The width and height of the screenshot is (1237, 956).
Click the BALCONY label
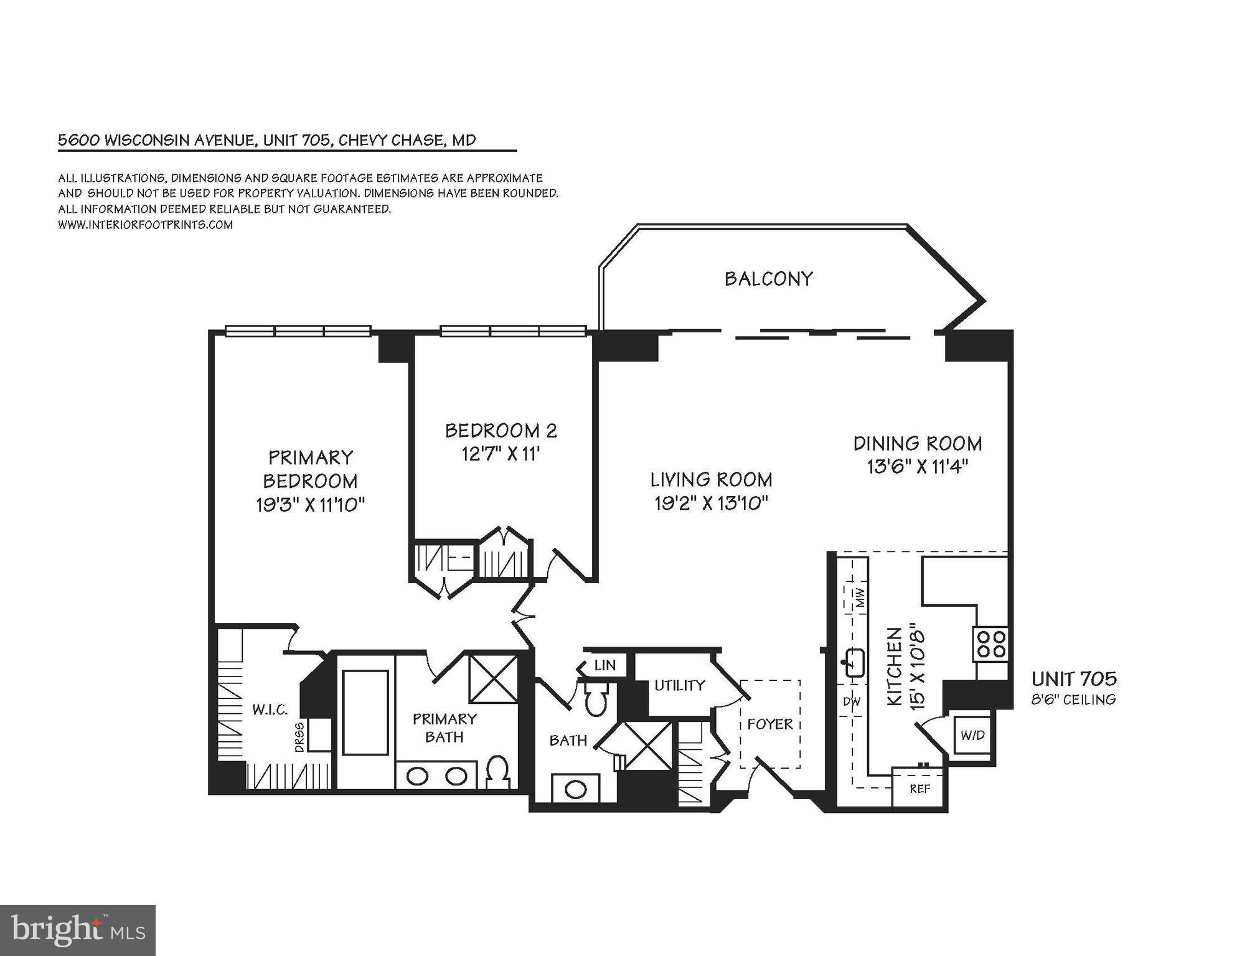[x=768, y=278]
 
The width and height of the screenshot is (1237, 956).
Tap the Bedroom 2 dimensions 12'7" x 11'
[x=500, y=454]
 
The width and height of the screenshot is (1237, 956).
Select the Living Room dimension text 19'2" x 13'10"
[x=711, y=503]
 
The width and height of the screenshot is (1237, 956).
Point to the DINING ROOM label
[x=917, y=443]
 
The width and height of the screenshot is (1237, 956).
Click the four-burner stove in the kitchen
[x=990, y=644]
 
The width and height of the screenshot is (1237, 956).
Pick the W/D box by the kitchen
[x=972, y=735]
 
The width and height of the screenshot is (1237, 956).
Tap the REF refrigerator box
[x=920, y=789]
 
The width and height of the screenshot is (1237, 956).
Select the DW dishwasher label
[x=852, y=701]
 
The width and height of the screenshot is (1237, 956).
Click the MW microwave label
[x=860, y=597]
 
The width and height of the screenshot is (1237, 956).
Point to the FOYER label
[x=769, y=724]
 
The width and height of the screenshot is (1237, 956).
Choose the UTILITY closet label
[x=679, y=685]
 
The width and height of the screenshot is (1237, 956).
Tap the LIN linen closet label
[x=604, y=665]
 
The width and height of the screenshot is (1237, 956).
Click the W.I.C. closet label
[x=270, y=709]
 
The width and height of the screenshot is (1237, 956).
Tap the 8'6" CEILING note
[x=1073, y=700]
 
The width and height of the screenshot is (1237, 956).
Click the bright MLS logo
[x=77, y=930]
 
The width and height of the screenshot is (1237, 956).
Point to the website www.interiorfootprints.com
[x=145, y=225]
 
